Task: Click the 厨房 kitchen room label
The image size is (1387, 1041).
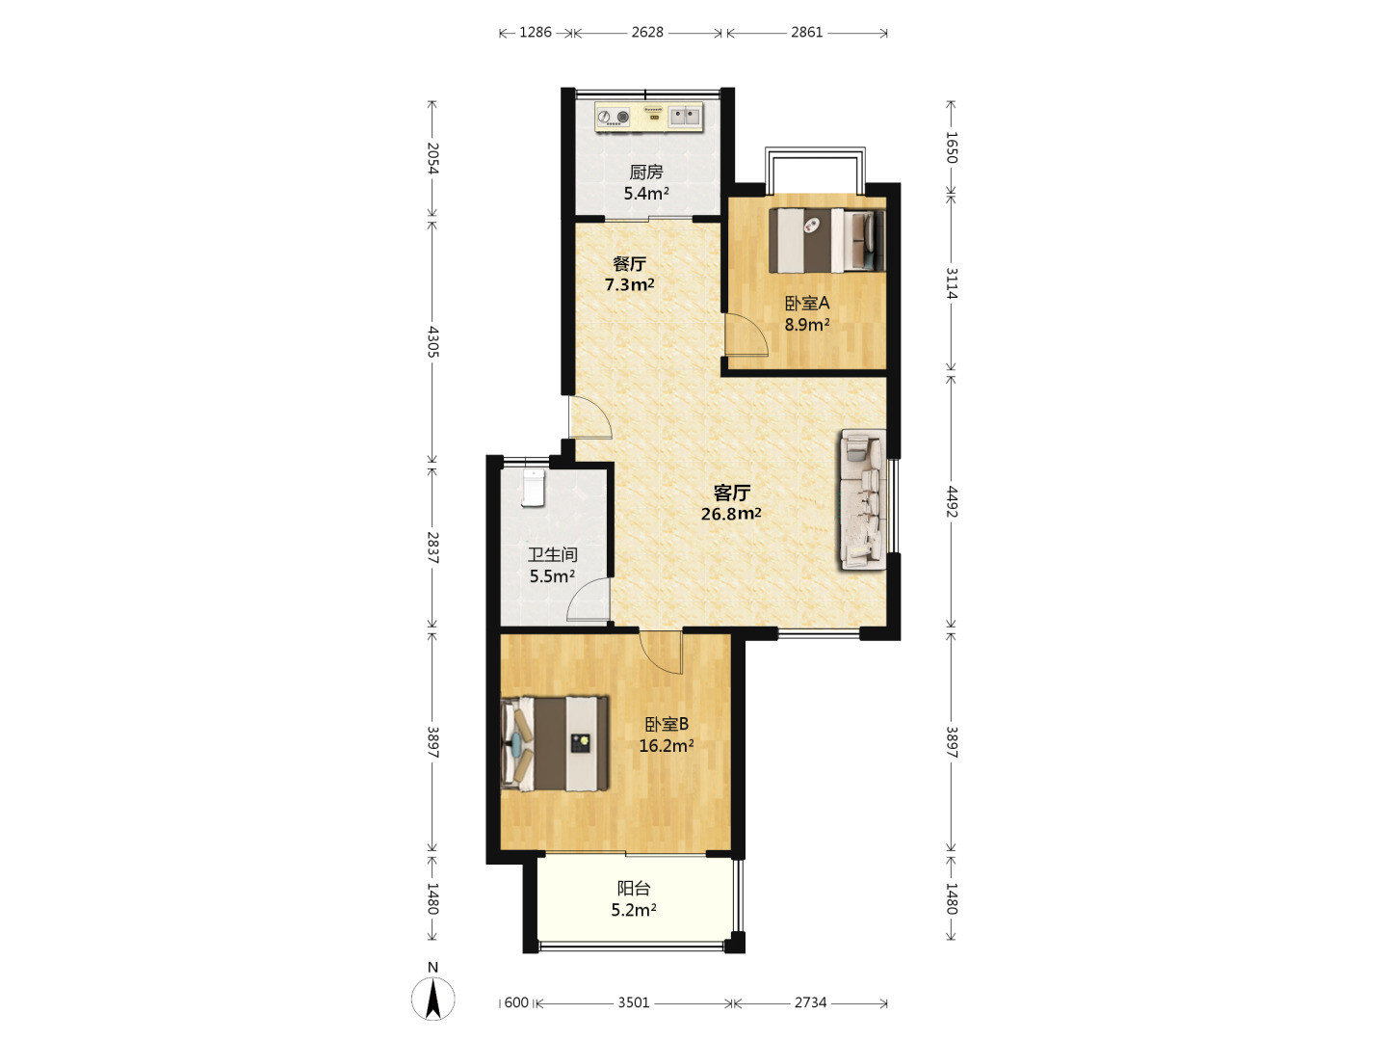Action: [645, 172]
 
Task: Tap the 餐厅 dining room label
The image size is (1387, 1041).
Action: [629, 263]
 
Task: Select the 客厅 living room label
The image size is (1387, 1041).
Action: [731, 492]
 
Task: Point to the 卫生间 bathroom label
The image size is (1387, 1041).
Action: [552, 555]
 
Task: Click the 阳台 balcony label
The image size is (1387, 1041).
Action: [634, 889]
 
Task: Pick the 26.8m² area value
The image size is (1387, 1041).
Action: [731, 513]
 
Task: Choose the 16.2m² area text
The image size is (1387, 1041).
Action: [666, 746]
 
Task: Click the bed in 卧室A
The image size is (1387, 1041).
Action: [826, 241]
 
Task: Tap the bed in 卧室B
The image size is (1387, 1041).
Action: [555, 743]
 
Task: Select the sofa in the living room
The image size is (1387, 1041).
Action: [862, 499]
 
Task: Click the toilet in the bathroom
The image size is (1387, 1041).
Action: [534, 488]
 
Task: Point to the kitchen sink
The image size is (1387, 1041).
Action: [685, 117]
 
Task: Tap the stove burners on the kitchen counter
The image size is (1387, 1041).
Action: [615, 117]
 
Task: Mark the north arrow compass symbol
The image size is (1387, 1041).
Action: [432, 998]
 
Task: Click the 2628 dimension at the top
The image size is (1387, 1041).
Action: [647, 32]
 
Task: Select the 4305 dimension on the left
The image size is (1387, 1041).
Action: [432, 341]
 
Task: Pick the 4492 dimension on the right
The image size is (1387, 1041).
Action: [952, 502]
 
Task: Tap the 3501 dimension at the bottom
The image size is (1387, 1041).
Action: [633, 1002]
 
